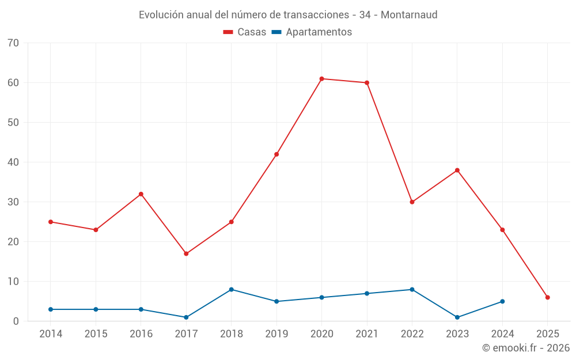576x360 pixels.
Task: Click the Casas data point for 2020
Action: click(x=321, y=79)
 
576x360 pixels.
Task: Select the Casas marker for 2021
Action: click(x=367, y=83)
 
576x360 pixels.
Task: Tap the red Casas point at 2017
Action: click(x=186, y=253)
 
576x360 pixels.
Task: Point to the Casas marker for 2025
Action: click(x=547, y=297)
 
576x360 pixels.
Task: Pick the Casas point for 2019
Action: click(x=276, y=154)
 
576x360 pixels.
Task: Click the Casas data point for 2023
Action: click(x=457, y=170)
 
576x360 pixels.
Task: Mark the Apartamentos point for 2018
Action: click(x=232, y=290)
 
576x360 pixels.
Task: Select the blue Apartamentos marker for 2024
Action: click(x=502, y=301)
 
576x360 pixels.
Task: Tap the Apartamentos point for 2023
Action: click(x=457, y=317)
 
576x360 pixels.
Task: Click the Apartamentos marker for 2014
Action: click(x=51, y=309)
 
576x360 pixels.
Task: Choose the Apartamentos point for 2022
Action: click(x=412, y=290)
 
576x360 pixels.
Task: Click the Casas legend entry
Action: click(x=245, y=32)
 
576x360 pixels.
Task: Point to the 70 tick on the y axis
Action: click(x=13, y=43)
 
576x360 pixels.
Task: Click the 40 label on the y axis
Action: click(x=13, y=162)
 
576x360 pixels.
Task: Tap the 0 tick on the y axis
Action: click(x=16, y=321)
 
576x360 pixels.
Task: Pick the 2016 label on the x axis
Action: click(x=141, y=334)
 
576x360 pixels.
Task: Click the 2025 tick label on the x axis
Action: click(x=547, y=334)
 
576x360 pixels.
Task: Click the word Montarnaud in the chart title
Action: click(x=409, y=14)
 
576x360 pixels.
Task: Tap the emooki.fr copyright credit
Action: click(x=525, y=348)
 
